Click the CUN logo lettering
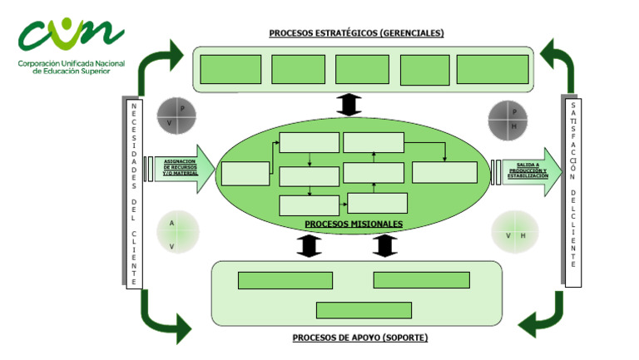(71, 35)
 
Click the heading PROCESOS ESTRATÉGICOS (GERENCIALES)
(356, 33)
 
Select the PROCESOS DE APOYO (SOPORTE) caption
(360, 338)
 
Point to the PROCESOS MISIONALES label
(354, 224)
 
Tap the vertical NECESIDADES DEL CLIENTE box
(133, 193)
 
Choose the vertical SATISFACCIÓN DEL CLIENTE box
(572, 193)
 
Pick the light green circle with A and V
(177, 232)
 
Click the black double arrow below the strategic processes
(348, 105)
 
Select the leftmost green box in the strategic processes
(230, 69)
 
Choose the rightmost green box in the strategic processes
(493, 69)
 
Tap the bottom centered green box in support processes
(364, 310)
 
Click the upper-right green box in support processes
(421, 280)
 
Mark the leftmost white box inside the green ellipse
(245, 173)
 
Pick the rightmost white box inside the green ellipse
(444, 172)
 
